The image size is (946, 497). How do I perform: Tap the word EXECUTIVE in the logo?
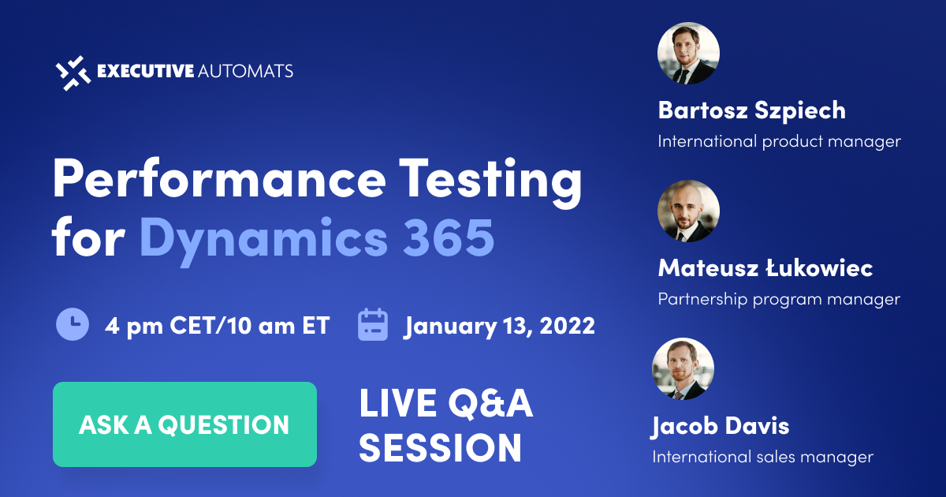point(145,71)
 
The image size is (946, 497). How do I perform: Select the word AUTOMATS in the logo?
point(246,71)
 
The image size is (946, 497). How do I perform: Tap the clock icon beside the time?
point(73,325)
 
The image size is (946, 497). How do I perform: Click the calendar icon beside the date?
point(374,325)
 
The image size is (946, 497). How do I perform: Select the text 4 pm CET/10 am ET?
point(217,325)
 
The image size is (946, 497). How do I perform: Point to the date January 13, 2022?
point(500,325)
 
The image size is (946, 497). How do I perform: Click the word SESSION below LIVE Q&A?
point(441,447)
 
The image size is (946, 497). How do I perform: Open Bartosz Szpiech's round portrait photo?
point(688,54)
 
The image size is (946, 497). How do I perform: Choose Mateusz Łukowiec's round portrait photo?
point(688,211)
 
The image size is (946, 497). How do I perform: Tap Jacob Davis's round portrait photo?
point(683,369)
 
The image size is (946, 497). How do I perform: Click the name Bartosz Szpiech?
point(751,110)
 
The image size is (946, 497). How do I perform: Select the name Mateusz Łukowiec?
point(765,268)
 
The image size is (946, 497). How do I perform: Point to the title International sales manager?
point(762,457)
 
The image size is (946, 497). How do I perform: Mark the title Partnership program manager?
point(779,300)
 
